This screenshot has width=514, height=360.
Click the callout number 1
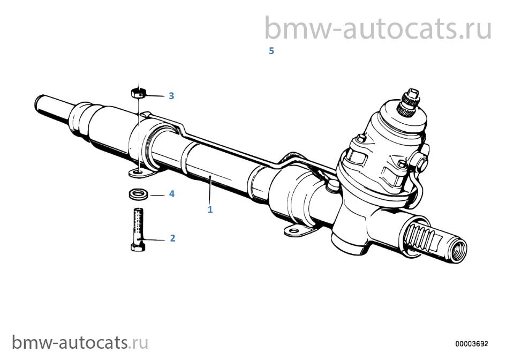click(x=210, y=209)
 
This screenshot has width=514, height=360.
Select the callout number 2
click(x=172, y=238)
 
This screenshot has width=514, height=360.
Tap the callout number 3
click(x=171, y=96)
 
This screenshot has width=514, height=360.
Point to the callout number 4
click(x=171, y=194)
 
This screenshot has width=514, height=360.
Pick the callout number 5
click(x=271, y=51)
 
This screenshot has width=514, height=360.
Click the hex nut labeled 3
click(x=138, y=93)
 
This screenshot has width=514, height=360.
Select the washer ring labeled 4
click(x=137, y=194)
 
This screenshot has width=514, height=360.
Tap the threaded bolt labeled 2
click(x=138, y=229)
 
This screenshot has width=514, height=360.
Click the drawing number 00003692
click(x=471, y=343)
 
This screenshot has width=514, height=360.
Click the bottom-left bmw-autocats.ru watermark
click(x=80, y=343)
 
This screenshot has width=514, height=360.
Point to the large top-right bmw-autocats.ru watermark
click(x=377, y=28)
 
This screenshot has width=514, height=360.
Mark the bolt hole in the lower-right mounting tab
click(x=294, y=231)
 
